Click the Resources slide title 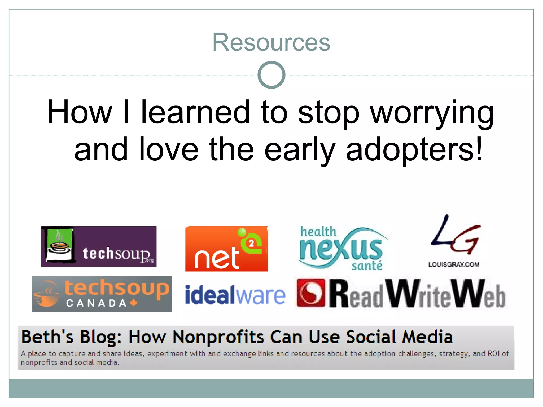click(x=271, y=42)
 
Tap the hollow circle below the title click(x=271, y=75)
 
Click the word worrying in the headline click(x=432, y=113)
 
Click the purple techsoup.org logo click(x=98, y=246)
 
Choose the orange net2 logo click(x=226, y=249)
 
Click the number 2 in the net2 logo click(x=251, y=243)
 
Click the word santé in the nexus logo click(x=367, y=266)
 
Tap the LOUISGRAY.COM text click(x=454, y=264)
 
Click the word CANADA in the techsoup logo click(x=96, y=303)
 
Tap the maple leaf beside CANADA click(x=134, y=303)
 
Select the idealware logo click(x=235, y=295)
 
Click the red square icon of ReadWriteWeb click(x=311, y=293)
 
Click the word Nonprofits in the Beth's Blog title click(x=218, y=337)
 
